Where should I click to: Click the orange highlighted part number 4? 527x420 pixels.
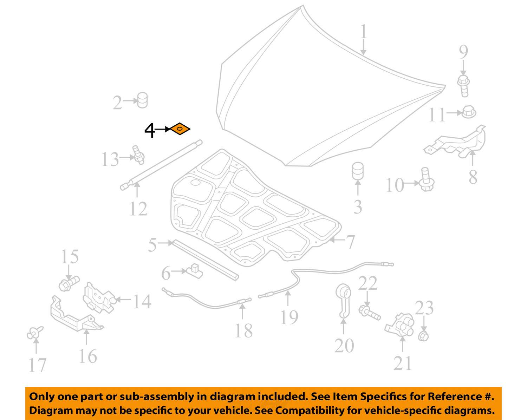180,129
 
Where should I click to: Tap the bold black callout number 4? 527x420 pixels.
150,130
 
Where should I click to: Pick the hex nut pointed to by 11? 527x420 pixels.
469,112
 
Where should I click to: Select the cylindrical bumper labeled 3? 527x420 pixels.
358,171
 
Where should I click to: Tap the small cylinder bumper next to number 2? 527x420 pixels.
142,100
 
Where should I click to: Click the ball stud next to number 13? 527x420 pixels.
138,155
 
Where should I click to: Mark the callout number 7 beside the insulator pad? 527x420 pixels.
350,242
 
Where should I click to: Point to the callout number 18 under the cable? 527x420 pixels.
243,330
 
